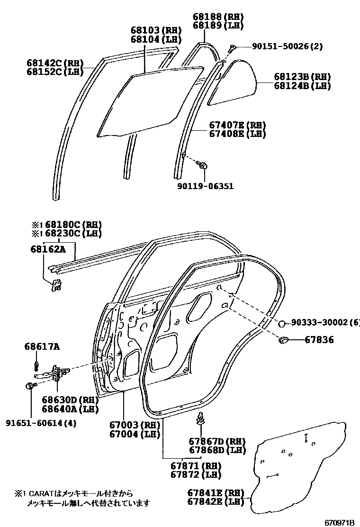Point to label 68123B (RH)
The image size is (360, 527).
click(x=302, y=77)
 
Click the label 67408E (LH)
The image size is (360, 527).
click(x=237, y=134)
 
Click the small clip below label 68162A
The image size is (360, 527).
click(x=56, y=284)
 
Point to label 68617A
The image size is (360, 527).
click(x=42, y=347)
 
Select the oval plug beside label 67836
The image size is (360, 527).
click(x=285, y=339)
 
